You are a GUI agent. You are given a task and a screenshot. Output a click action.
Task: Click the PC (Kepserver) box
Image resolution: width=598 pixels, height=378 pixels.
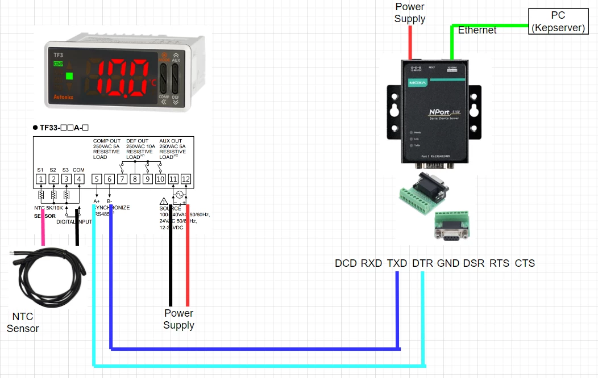click(x=558, y=22)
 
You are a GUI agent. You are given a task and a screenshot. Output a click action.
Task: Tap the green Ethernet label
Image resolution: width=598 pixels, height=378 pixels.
click(x=477, y=30)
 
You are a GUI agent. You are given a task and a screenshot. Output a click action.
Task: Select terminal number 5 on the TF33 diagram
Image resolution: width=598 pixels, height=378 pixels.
click(x=97, y=179)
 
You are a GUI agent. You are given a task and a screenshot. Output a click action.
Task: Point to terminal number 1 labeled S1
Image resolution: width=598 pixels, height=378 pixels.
click(x=40, y=179)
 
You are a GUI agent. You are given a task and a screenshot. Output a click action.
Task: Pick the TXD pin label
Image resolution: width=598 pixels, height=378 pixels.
click(x=397, y=263)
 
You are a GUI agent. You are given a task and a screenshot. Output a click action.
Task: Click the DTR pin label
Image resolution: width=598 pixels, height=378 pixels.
click(x=422, y=263)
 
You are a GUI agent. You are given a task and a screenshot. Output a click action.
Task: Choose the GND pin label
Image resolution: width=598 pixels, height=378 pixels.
click(x=448, y=263)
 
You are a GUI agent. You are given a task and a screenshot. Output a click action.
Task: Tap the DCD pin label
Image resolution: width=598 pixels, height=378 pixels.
click(x=346, y=263)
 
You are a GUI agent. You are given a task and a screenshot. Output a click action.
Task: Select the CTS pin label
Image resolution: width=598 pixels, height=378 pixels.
click(x=525, y=263)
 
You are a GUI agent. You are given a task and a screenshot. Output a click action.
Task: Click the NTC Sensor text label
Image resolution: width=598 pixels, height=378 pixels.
click(x=23, y=322)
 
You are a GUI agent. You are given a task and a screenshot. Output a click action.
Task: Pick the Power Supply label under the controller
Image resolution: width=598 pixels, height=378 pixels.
click(x=178, y=319)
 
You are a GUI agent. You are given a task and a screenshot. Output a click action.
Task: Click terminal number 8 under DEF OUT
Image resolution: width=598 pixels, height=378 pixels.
click(x=135, y=179)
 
